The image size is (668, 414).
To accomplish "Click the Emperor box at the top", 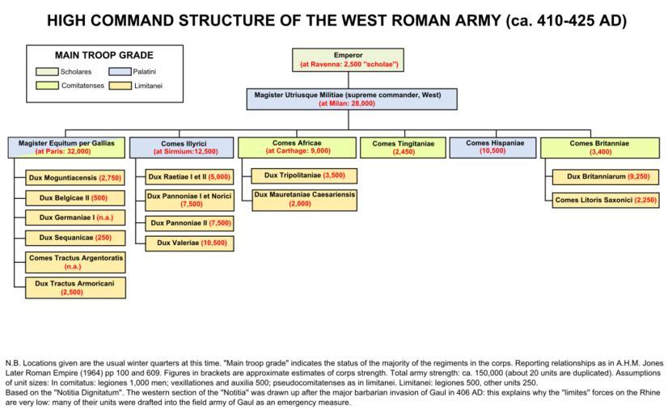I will pos(349,59).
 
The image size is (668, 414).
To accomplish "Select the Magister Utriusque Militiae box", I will pos(348,99).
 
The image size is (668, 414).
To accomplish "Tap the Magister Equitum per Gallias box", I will pos(67,147).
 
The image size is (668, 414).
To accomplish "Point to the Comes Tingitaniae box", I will pos(404,147).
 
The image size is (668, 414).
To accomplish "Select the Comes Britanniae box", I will pos(598,147).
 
